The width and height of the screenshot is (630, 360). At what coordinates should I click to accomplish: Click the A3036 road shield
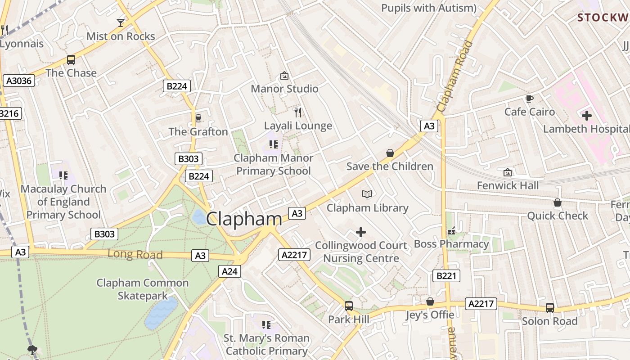click(x=18, y=81)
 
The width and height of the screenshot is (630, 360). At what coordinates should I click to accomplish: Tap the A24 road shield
click(x=230, y=271)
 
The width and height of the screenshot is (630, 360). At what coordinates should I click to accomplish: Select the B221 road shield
click(x=446, y=275)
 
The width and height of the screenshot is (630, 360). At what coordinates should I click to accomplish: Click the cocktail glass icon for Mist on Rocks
click(x=121, y=22)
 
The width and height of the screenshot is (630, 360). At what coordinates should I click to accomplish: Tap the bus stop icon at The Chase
click(x=71, y=59)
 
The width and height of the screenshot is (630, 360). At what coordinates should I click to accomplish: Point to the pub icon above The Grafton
click(x=198, y=118)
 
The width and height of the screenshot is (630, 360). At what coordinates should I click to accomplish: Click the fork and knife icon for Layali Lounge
click(x=297, y=112)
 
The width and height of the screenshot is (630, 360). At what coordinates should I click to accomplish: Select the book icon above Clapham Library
click(x=367, y=194)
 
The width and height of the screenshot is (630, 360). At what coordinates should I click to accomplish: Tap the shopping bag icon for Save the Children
click(x=390, y=153)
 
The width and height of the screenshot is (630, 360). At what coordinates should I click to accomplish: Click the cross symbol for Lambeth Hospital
click(x=586, y=116)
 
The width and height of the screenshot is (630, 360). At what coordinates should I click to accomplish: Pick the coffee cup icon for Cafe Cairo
click(x=529, y=99)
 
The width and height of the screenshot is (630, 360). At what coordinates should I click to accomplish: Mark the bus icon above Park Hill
click(x=348, y=306)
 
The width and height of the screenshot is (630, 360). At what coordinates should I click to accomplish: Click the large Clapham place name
click(x=244, y=219)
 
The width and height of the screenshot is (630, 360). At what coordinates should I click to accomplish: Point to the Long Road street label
click(x=135, y=254)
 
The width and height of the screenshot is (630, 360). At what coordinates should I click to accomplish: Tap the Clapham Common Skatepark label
click(x=143, y=289)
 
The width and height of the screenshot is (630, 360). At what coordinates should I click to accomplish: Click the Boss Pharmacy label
click(x=451, y=244)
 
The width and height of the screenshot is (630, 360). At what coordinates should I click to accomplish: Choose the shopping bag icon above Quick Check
click(x=557, y=202)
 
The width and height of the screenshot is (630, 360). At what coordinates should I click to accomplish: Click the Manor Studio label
click(x=284, y=89)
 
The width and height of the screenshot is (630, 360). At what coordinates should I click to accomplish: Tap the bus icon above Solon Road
click(x=549, y=307)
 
